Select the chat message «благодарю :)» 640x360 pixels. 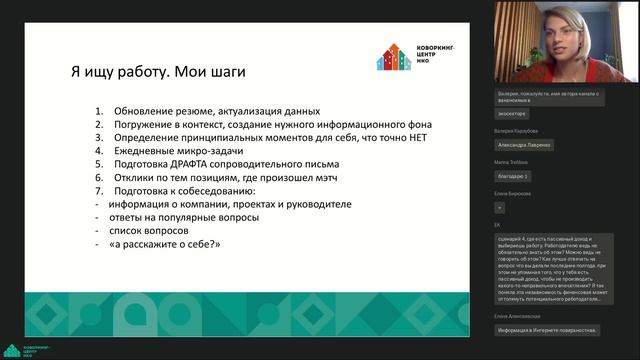[512, 175]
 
